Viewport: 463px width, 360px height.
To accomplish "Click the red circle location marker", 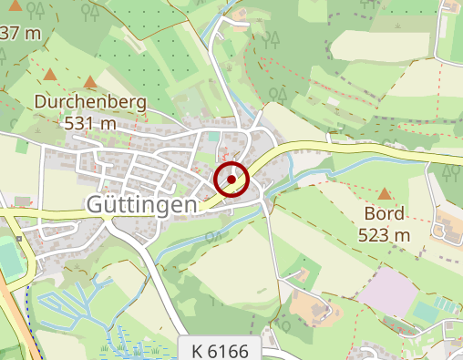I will [232, 180].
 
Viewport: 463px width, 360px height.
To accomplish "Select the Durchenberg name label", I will [89, 102].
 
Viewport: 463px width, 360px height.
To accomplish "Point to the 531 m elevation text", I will [89, 121].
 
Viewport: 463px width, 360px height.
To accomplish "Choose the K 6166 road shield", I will [221, 350].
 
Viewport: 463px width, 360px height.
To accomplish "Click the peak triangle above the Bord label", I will [384, 193].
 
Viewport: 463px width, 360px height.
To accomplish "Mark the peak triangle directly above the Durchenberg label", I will [89, 82].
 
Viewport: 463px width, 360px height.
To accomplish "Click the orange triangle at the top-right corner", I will [448, 6].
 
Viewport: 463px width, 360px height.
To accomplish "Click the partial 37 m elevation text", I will [20, 34].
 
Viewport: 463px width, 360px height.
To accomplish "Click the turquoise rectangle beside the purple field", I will [426, 312].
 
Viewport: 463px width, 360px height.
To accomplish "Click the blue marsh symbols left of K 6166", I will [137, 347].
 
